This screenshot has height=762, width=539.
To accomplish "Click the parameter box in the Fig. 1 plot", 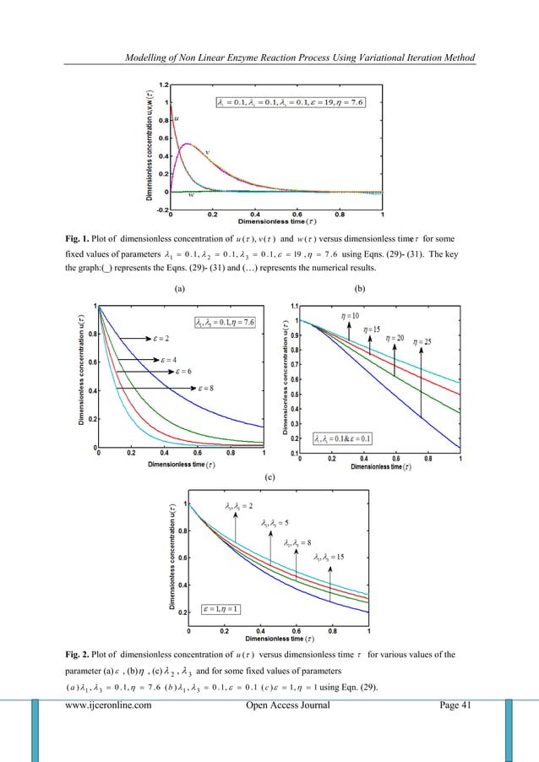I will pos(289,103).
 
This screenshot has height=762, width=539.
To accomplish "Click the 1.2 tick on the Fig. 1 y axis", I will pos(161,85).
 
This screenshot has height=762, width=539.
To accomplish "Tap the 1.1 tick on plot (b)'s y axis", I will pos(295,304).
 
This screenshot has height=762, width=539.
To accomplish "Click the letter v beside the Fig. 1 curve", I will pos(208,150).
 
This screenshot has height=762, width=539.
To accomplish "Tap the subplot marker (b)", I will pos(383,288).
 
